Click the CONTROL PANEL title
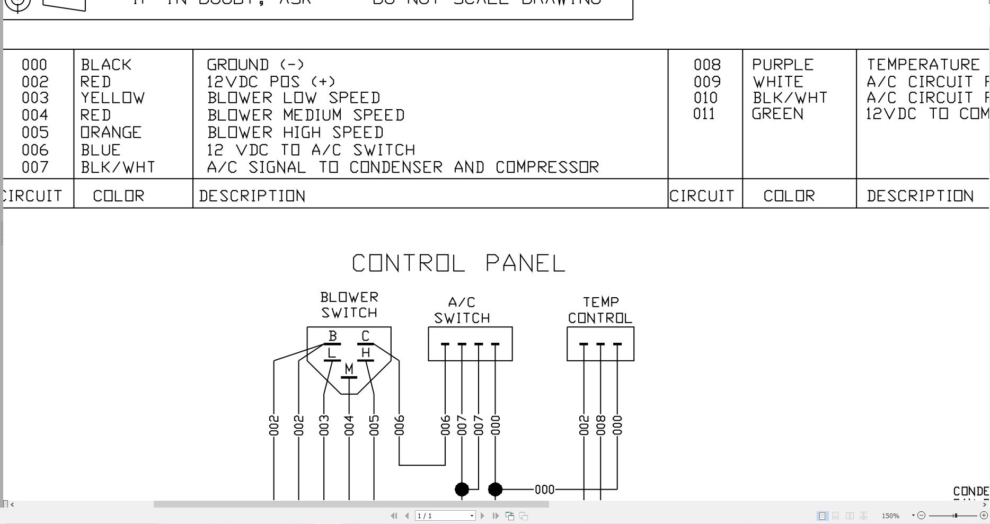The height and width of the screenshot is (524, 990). [x=458, y=263]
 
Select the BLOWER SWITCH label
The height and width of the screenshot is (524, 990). [x=349, y=305]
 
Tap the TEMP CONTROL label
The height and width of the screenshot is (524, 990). [x=600, y=310]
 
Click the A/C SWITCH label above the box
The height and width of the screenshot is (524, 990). [x=462, y=310]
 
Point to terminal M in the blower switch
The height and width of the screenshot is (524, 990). [x=349, y=369]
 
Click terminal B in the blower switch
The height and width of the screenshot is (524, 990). [x=333, y=336]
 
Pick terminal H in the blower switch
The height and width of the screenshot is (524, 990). [x=365, y=352]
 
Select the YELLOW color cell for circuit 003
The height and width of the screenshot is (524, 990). [x=112, y=98]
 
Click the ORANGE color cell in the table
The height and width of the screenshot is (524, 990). [x=111, y=132]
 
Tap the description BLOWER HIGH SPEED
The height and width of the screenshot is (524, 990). [x=295, y=132]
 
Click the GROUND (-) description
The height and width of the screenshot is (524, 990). [x=255, y=65]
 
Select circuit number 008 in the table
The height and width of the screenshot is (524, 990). [x=707, y=65]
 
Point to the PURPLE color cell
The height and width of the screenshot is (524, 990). [x=782, y=65]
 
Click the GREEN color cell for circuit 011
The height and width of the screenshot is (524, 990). [x=777, y=114]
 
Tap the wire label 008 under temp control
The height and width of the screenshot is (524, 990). [x=600, y=425]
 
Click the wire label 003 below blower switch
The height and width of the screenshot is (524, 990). [x=324, y=425]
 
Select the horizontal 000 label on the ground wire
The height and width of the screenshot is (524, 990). [x=544, y=490]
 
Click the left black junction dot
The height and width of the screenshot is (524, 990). [x=462, y=490]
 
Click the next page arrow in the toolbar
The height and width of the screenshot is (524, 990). [x=482, y=516]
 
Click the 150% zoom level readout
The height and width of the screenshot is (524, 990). [x=890, y=516]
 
